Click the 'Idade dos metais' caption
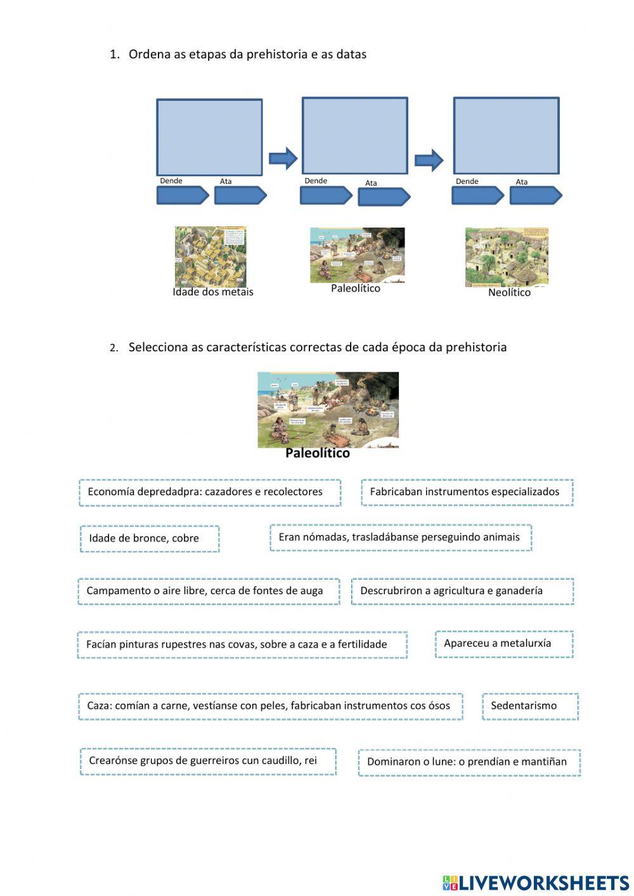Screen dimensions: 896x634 (213, 292)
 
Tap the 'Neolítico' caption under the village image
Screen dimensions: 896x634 (509, 293)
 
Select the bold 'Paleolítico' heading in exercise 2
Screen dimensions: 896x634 (317, 453)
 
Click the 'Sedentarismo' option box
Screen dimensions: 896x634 (530, 706)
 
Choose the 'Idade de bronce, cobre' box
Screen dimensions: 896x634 (150, 538)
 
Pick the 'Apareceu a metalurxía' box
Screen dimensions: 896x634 (504, 644)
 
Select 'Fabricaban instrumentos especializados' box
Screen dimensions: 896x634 (467, 492)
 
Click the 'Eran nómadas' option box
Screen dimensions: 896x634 (400, 537)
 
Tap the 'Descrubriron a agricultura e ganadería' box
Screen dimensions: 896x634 (462, 591)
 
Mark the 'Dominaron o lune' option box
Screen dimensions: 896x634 (469, 762)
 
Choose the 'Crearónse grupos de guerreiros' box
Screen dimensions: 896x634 (208, 761)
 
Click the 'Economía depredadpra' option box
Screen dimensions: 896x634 (210, 492)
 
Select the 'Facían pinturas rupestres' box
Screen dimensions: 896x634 (242, 644)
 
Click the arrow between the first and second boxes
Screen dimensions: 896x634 (283, 158)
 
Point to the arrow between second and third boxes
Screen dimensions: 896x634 (429, 160)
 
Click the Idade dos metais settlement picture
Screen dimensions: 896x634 (210, 256)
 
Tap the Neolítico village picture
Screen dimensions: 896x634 (507, 257)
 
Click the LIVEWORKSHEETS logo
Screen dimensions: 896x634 (535, 882)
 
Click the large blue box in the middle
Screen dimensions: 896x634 (354, 136)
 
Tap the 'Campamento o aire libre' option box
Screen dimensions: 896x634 (209, 591)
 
